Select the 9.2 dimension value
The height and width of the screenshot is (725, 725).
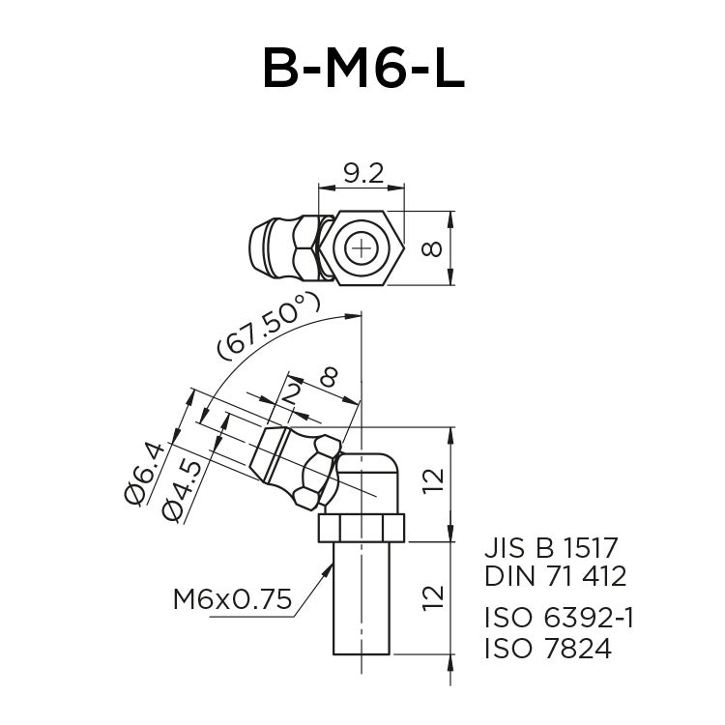pyautogui.click(x=363, y=173)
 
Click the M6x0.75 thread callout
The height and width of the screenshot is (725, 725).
pyautogui.click(x=232, y=600)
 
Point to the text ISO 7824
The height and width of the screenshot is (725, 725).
pyautogui.click(x=547, y=648)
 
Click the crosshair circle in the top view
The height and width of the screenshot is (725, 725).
pyautogui.click(x=362, y=248)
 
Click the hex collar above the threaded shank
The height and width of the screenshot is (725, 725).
pyautogui.click(x=362, y=528)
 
